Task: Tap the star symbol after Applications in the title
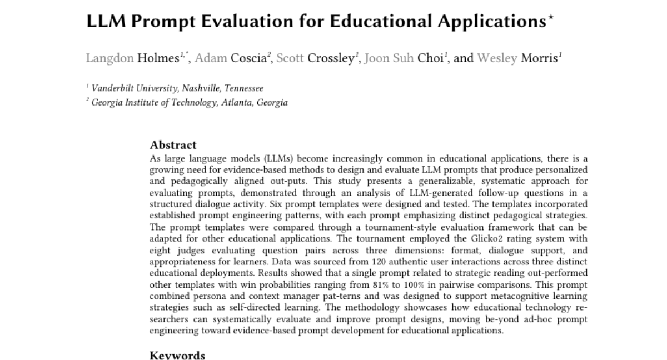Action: coord(551,18)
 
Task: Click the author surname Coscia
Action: coord(247,58)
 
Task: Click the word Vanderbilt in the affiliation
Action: coord(115,88)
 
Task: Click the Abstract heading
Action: coord(173,146)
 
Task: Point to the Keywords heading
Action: coord(177,356)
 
